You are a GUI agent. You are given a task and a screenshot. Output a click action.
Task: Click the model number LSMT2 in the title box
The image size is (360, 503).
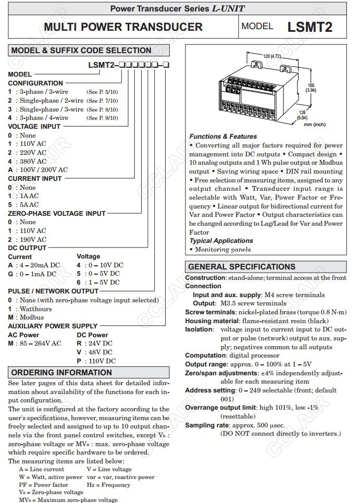[x=309, y=27]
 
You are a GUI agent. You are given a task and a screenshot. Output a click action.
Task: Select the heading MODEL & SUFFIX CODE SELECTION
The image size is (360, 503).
[x=81, y=51]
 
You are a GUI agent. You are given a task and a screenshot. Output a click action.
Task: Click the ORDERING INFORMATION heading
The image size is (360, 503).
[x=61, y=373]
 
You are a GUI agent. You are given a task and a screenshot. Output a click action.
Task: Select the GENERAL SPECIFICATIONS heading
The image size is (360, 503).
[x=242, y=266]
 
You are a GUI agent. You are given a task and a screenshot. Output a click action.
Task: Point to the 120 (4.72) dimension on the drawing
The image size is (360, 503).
[x=271, y=56]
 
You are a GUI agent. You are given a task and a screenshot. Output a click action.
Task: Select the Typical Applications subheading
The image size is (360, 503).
[x=221, y=241]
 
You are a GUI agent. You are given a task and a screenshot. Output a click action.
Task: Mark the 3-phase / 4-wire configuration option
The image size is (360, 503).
[x=43, y=118]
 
